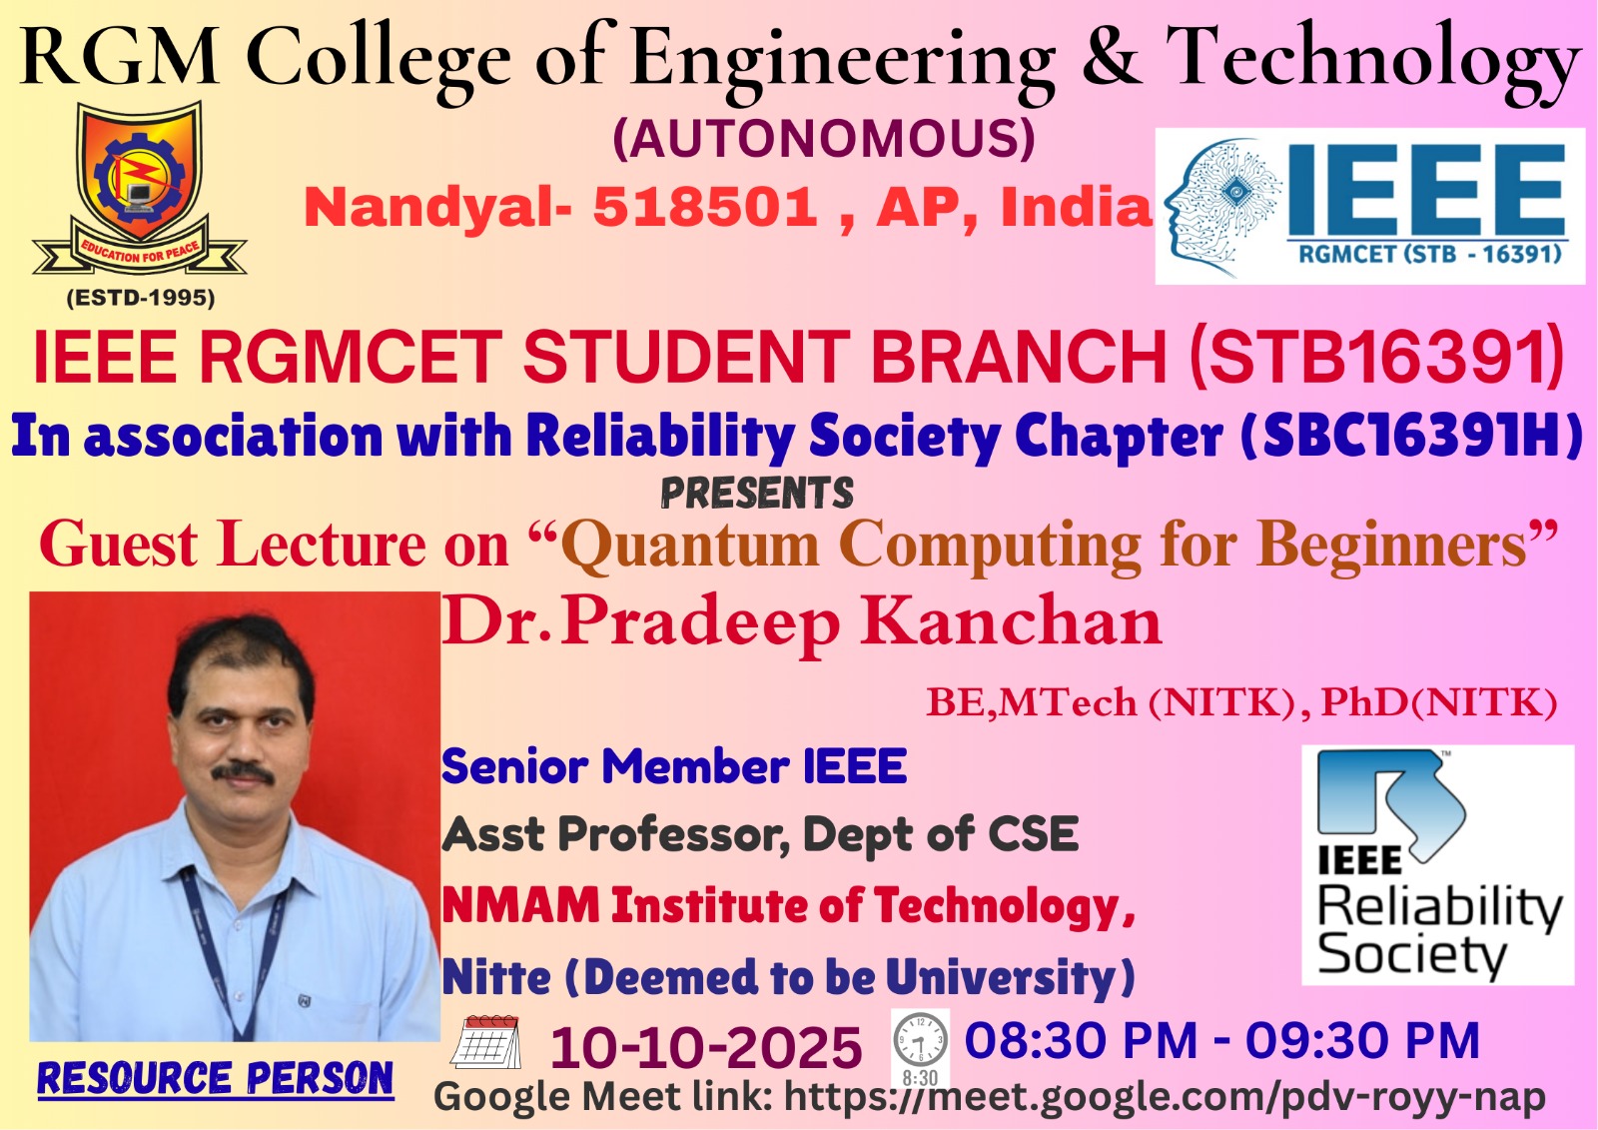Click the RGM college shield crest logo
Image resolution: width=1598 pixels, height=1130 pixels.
pyautogui.click(x=140, y=189)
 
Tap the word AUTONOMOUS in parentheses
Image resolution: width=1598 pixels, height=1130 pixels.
pyautogui.click(x=824, y=139)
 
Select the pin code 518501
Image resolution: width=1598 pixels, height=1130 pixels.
pyautogui.click(x=705, y=207)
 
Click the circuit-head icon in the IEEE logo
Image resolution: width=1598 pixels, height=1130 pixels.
pyautogui.click(x=1222, y=206)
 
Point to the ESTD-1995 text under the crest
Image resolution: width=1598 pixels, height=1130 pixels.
pyautogui.click(x=141, y=298)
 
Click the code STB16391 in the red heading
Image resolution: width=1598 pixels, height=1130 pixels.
pyautogui.click(x=1377, y=357)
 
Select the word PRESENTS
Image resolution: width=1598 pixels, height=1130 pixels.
pyautogui.click(x=757, y=494)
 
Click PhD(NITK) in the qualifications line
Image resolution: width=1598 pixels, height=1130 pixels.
pyautogui.click(x=1439, y=702)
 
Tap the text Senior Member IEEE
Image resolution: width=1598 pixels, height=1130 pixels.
pyautogui.click(x=674, y=766)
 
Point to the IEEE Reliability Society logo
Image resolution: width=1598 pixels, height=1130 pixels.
pyautogui.click(x=1437, y=865)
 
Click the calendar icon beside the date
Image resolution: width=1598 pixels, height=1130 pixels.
pyautogui.click(x=485, y=1043)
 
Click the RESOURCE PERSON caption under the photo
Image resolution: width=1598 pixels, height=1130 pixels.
pyautogui.click(x=215, y=1078)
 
